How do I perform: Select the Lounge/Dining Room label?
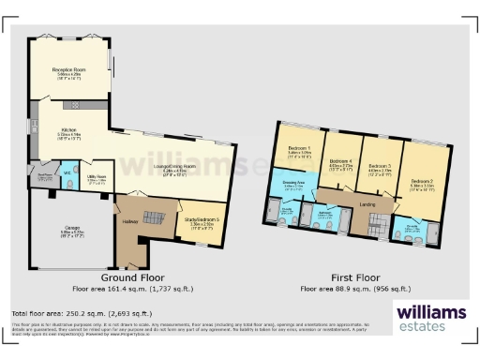click(154, 168)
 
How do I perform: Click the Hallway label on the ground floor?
click(129, 221)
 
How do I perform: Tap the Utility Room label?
click(96, 176)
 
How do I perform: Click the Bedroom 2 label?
click(423, 182)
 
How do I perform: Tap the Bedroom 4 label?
click(339, 163)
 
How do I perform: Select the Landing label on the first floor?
click(368, 202)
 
